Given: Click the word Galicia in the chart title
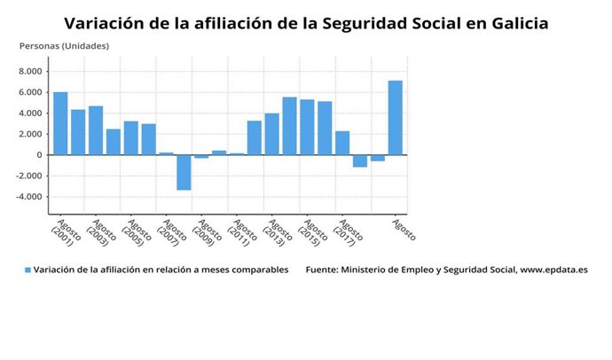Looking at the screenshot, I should pos(515,23).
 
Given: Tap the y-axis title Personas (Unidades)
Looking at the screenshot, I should pos(64,45).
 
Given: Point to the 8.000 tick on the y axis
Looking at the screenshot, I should pos(30,71).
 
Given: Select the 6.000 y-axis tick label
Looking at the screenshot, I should pos(30,92).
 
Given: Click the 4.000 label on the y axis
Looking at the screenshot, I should pos(30,113).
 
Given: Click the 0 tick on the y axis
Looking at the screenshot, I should pos(39,155).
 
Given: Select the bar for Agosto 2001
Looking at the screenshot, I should pos(60,123).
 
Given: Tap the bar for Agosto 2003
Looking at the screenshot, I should pos(96,130).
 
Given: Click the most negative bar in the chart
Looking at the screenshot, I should pos(184,172).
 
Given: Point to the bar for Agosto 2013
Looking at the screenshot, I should pos(271,134).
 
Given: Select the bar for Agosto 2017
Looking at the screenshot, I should pos(342,143).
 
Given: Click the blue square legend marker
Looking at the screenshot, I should pos(27,270).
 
